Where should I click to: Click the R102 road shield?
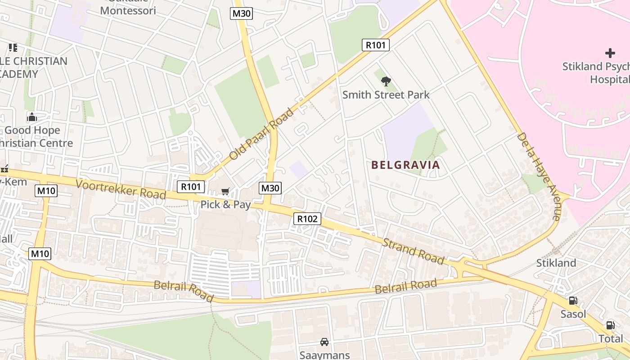click(x=307, y=219)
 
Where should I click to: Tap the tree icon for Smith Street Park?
click(x=386, y=81)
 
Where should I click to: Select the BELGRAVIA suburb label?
click(x=405, y=165)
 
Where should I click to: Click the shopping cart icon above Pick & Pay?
click(x=225, y=192)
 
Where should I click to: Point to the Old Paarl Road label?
click(x=261, y=134)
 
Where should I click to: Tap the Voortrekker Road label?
click(x=121, y=189)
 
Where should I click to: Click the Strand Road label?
click(x=413, y=252)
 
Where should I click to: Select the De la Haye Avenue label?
click(x=538, y=176)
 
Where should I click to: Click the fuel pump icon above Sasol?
click(x=573, y=301)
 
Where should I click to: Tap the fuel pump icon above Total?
click(x=610, y=325)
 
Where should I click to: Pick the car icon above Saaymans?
click(x=324, y=342)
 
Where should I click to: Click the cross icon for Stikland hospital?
click(x=610, y=53)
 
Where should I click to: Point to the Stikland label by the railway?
click(x=556, y=263)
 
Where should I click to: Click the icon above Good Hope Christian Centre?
click(x=32, y=117)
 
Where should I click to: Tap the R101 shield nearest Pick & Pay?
click(x=191, y=187)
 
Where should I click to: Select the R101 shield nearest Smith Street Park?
click(x=375, y=45)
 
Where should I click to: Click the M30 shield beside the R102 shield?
click(x=270, y=188)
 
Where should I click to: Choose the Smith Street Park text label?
click(x=386, y=95)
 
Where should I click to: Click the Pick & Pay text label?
click(x=225, y=205)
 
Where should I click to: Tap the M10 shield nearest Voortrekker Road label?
click(x=46, y=191)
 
